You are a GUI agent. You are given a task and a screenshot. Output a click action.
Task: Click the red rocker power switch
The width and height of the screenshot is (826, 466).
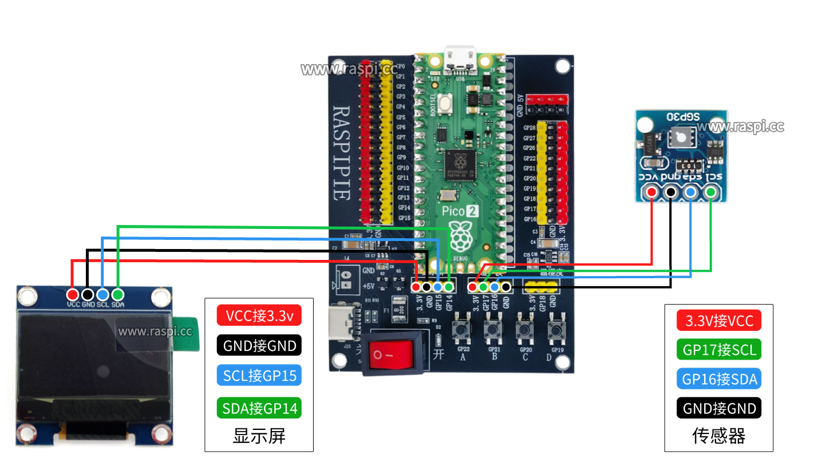(x=390, y=355)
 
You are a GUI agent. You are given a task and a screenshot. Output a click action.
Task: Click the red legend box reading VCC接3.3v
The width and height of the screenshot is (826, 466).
(x=259, y=315)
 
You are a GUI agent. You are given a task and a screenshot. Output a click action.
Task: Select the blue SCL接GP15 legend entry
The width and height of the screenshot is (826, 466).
(x=259, y=376)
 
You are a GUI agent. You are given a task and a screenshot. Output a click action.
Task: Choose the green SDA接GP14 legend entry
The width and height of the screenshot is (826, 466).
(x=259, y=408)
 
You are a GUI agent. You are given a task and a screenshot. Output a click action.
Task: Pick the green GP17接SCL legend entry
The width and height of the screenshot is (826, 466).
(x=718, y=349)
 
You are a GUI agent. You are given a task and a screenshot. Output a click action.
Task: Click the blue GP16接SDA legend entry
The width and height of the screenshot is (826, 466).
(x=718, y=379)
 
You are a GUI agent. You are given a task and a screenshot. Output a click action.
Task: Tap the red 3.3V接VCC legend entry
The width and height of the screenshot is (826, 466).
(x=718, y=321)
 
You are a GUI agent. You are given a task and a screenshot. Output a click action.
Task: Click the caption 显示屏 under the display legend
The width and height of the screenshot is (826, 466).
(x=259, y=436)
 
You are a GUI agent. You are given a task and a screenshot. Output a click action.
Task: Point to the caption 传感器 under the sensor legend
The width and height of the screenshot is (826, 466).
(x=718, y=436)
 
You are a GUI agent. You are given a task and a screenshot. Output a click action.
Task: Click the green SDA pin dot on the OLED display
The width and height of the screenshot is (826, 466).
(x=117, y=294)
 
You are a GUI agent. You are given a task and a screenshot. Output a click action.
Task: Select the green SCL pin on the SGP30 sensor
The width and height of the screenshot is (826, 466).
(x=711, y=192)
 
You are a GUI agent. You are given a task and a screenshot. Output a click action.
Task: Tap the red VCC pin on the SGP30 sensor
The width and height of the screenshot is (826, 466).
(x=651, y=192)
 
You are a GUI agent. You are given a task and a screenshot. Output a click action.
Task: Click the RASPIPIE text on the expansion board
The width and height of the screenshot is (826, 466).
(x=341, y=152)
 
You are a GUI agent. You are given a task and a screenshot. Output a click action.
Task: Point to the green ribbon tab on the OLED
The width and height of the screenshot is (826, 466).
(x=189, y=333)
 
